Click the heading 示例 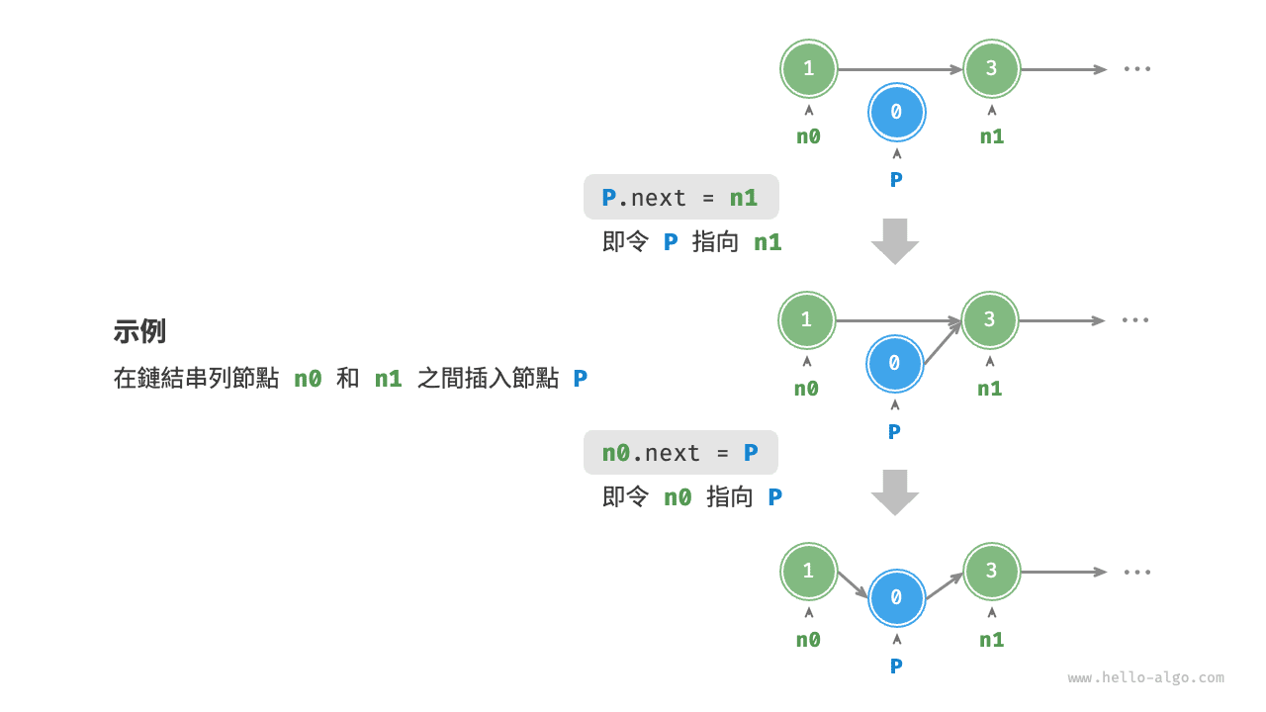(x=139, y=331)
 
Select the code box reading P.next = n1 (x=680, y=197)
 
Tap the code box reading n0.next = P (x=680, y=452)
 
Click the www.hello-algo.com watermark (x=1145, y=677)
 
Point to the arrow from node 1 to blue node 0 (x=853, y=584)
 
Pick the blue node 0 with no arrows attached (x=896, y=112)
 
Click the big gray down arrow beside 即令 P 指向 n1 (x=895, y=240)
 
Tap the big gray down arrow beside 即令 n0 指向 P (x=895, y=491)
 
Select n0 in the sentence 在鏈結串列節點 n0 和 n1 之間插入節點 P (x=308, y=378)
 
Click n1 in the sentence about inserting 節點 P (x=388, y=378)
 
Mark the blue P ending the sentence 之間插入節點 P (x=581, y=378)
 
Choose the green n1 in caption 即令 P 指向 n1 (x=768, y=241)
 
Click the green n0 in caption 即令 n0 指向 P (x=678, y=496)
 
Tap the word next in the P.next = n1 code (x=658, y=198)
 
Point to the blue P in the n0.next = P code (x=751, y=452)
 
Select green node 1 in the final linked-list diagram (x=808, y=571)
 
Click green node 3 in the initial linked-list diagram (x=991, y=68)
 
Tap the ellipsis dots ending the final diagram (x=1136, y=572)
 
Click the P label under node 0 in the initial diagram (x=896, y=179)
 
